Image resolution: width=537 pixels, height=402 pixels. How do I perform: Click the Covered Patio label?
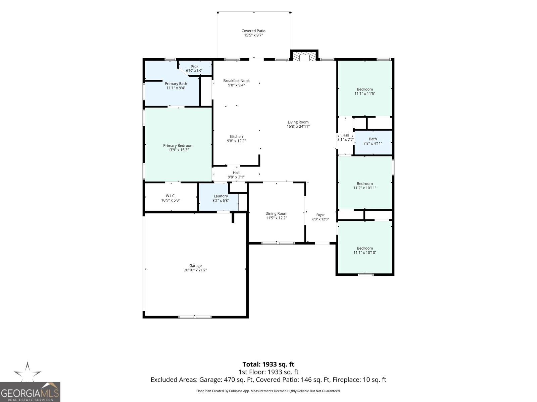pos(253,31)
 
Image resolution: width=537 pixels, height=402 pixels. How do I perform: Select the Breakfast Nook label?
pos(236,80)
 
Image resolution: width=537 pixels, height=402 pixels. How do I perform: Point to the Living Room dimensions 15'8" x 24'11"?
pos(298,126)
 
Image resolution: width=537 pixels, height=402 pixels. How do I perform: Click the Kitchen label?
pos(236,136)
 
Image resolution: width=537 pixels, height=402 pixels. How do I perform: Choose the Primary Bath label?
pos(176,84)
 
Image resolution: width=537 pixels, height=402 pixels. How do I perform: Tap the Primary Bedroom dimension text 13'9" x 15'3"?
pos(178,150)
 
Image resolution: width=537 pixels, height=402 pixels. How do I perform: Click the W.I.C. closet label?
pos(170,196)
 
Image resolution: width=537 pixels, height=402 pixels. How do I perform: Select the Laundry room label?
pos(221,196)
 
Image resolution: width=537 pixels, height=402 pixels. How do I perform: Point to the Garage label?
pos(195,266)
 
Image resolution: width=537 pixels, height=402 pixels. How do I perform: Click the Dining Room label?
pos(277,214)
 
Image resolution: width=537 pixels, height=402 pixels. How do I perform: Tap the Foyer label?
pos(321,215)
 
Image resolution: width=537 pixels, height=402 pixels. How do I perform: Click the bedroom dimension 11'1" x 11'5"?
pos(365,93)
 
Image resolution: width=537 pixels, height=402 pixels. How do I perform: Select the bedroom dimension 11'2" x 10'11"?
pos(365,188)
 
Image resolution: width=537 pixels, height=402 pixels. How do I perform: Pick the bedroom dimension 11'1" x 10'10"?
pos(365,252)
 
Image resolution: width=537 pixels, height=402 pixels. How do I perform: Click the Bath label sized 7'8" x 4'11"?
pos(373,139)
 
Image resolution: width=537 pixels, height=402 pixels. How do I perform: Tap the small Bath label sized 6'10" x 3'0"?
pos(194,66)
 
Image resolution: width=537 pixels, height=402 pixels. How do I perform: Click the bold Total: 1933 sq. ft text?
pos(268,364)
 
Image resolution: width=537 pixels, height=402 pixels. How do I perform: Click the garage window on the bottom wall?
pos(195,317)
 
